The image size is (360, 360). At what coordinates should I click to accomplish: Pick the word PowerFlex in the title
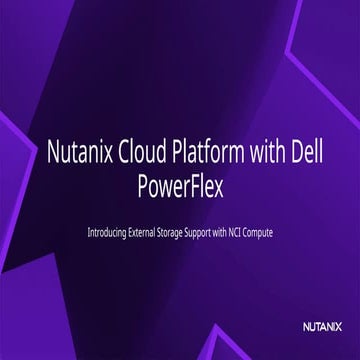pos(180,186)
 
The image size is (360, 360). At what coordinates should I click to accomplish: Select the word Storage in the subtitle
pos(191,233)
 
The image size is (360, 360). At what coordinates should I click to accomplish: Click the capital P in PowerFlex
pos(139,186)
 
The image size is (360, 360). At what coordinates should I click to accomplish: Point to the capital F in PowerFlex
pos(195,186)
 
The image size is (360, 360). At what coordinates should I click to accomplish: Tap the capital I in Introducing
pos(90,233)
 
